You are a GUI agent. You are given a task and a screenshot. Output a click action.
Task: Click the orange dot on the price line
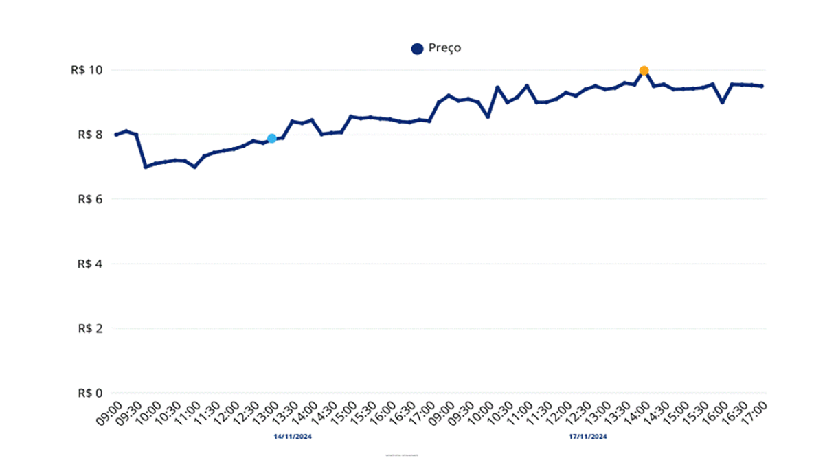[644, 70]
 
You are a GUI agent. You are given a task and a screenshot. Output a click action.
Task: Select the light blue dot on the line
[271, 139]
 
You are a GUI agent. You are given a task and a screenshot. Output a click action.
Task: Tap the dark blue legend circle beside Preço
[417, 49]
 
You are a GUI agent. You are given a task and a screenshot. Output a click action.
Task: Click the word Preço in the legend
[444, 48]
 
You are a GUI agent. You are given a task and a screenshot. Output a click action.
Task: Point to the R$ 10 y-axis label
[86, 70]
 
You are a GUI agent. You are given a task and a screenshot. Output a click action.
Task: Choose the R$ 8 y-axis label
[89, 135]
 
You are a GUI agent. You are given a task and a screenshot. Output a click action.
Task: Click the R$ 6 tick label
[89, 199]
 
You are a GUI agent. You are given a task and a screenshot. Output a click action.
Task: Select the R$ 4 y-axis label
[89, 264]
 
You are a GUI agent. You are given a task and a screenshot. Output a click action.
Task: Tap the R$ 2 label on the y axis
[89, 328]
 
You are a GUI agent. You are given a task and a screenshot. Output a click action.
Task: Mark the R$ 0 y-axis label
[89, 393]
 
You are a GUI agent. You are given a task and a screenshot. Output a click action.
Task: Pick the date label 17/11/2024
[588, 436]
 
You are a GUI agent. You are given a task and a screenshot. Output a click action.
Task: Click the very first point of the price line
[115, 135]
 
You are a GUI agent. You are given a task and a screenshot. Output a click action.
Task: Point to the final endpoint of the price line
[762, 86]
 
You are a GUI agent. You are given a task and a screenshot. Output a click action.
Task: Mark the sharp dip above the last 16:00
[722, 102]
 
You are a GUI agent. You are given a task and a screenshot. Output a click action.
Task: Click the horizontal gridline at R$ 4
[440, 264]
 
